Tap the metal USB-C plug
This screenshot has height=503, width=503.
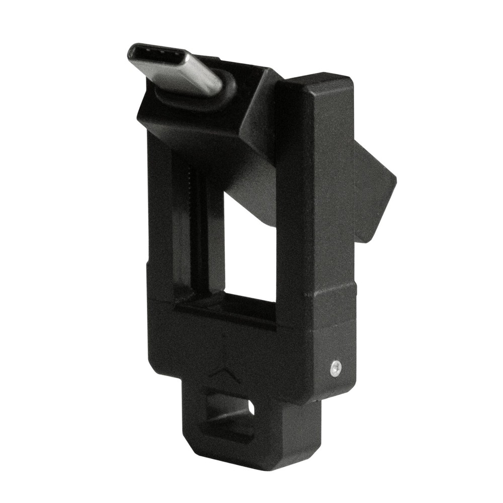coord(176,68)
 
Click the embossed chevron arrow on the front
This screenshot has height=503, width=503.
coord(223,373)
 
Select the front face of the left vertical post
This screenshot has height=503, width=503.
coord(160,211)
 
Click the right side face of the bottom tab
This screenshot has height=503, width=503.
coord(302,433)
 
